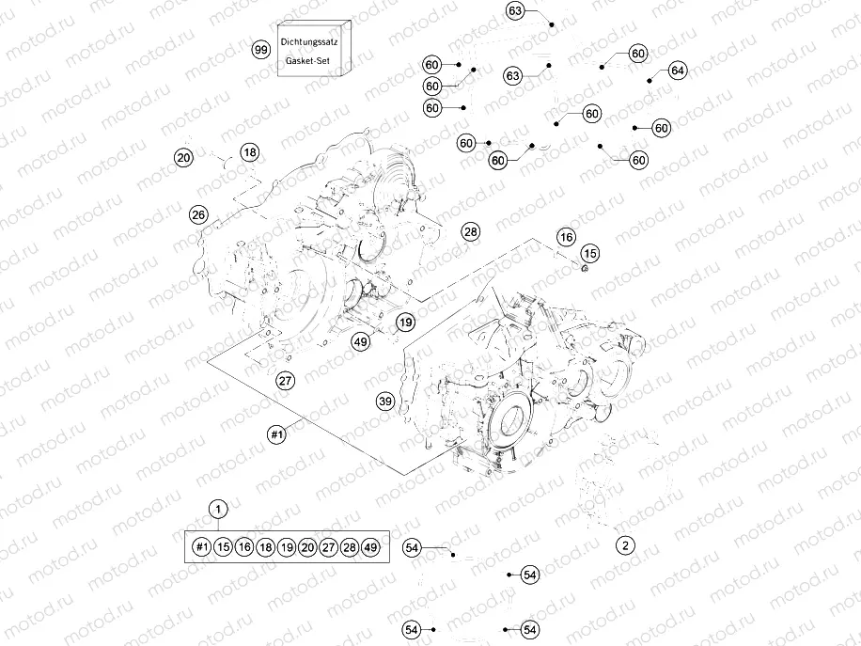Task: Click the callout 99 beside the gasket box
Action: point(261,49)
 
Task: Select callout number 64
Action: point(679,71)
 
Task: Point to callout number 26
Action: point(198,214)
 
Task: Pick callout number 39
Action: point(385,402)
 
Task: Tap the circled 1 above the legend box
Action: point(218,510)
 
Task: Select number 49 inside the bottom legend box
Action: point(370,546)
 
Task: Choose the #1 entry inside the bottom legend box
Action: point(201,546)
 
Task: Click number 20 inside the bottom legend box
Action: point(307,546)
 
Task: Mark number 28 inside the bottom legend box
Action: point(350,546)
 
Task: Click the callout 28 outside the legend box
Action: point(470,231)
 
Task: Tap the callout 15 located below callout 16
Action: point(589,253)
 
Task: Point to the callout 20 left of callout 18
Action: point(183,158)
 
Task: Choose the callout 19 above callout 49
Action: point(404,323)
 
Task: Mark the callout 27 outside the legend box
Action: point(286,380)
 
